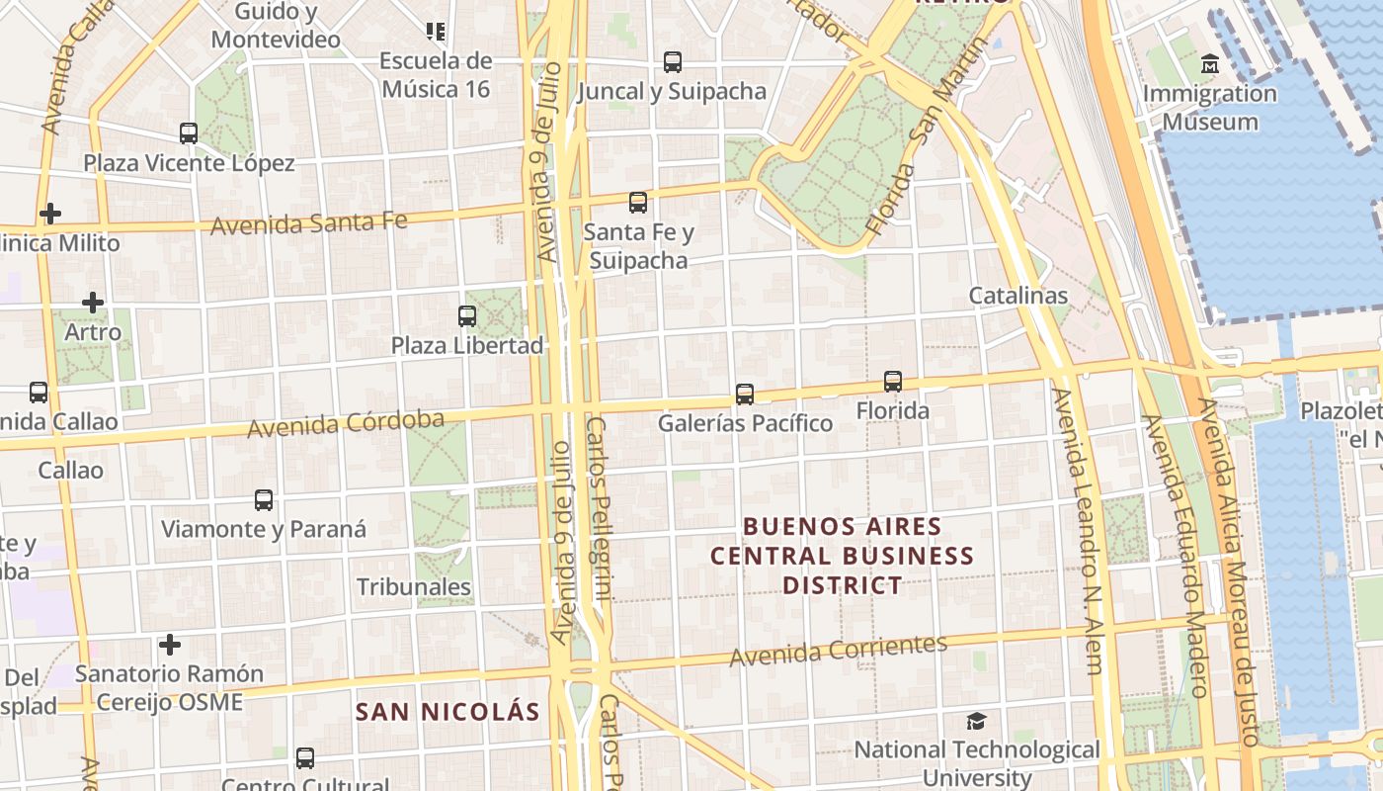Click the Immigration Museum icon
click(x=1209, y=65)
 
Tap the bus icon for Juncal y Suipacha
click(x=673, y=61)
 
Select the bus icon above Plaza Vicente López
click(x=189, y=132)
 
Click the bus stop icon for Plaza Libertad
click(x=467, y=316)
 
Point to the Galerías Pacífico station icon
click(x=745, y=394)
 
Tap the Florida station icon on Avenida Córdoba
click(x=893, y=381)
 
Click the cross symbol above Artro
click(x=93, y=303)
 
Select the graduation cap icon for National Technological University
click(x=976, y=721)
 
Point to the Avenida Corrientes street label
click(x=838, y=650)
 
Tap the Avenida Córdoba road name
click(x=346, y=424)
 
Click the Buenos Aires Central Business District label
click(x=843, y=556)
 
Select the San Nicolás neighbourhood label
click(x=447, y=712)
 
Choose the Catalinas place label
click(x=1017, y=296)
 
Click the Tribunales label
click(x=414, y=587)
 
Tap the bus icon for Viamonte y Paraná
click(x=264, y=500)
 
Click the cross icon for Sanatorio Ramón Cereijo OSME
click(x=170, y=646)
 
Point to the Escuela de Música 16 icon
click(x=435, y=32)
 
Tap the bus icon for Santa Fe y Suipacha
click(x=638, y=203)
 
